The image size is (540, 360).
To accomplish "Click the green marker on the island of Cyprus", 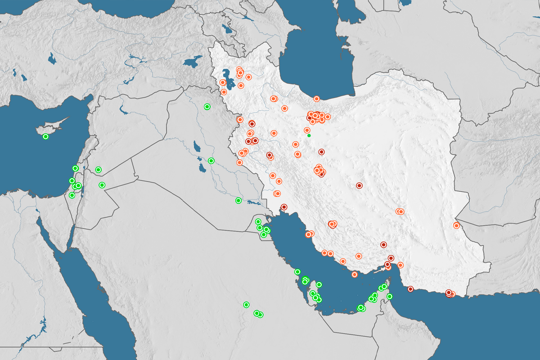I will point(45,136).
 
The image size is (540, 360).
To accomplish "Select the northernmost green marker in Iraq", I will point(207,107).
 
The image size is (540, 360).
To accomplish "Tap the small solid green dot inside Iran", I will point(309,135).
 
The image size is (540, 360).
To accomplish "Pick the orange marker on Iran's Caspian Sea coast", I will point(316,99).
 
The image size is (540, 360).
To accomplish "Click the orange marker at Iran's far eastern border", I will point(456,225).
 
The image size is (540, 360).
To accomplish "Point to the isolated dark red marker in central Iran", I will point(359,185).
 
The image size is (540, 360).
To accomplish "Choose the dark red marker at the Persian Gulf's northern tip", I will point(284,207).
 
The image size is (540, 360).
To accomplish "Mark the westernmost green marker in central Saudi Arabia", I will point(246,305).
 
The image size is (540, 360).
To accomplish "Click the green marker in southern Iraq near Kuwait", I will point(238,201).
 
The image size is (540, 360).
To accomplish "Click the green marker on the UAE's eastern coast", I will point(390,296).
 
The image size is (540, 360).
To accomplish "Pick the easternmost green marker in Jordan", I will point(102,185).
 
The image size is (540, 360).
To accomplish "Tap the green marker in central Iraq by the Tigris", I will point(211,161).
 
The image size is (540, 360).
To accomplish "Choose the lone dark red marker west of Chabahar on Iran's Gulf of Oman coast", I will point(410,289).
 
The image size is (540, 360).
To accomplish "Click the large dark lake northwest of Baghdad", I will point(196,146).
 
